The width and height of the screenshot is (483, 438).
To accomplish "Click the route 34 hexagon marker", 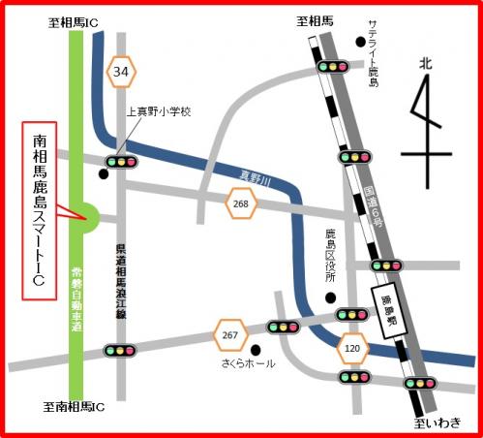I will tap(122, 71).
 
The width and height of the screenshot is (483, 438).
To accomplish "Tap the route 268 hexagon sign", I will tap(240, 204).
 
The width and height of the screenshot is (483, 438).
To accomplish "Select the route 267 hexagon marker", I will tap(230, 334).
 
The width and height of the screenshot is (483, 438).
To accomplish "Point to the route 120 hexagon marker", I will tap(351, 346).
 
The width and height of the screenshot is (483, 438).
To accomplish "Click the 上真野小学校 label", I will tap(160, 112).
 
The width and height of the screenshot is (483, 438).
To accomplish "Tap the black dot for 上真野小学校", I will tap(105, 174).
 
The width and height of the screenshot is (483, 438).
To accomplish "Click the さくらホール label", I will tap(248, 364).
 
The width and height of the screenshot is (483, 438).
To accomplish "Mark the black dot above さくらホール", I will tap(256, 349).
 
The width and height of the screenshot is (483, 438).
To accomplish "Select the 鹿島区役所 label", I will tap(329, 255).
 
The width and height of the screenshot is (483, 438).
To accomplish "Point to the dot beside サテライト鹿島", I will tap(359, 41).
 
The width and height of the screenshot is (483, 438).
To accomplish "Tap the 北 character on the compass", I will tap(424, 63).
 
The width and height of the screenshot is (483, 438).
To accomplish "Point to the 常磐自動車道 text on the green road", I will tap(76, 299).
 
